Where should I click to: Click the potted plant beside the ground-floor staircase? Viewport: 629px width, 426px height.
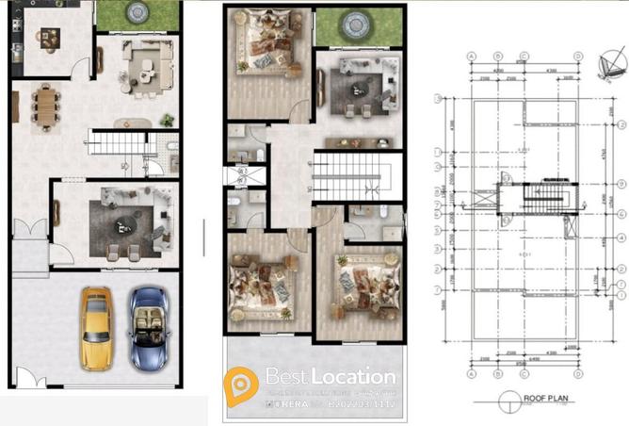pos(167,120)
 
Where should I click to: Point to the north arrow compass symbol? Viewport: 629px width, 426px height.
pos(608,65)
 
